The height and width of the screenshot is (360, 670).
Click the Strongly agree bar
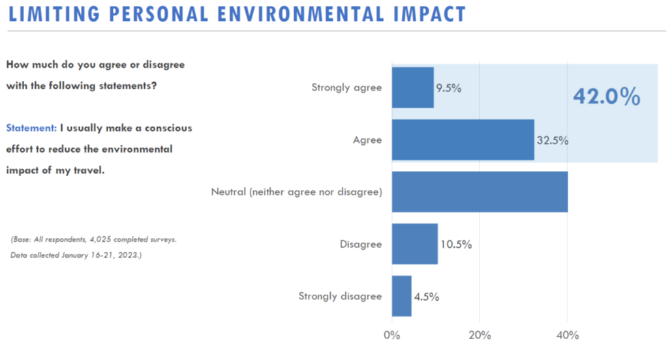tap(412, 87)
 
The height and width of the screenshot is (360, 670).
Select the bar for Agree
tap(463, 140)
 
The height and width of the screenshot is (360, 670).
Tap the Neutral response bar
tap(480, 192)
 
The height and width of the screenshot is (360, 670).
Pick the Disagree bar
tap(414, 244)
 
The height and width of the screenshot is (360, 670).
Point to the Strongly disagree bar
tap(401, 296)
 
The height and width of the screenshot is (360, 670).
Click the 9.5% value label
tap(449, 88)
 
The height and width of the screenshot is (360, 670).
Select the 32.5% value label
tap(552, 140)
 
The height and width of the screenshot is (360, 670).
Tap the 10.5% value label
tap(455, 245)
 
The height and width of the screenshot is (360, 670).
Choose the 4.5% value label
tap(426, 297)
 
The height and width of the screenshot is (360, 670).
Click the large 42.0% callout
tap(607, 97)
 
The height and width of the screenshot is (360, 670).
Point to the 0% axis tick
tap(391, 335)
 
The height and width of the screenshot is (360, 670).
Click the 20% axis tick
tap(480, 335)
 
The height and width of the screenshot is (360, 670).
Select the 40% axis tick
tap(567, 335)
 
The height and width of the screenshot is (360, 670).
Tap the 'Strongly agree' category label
tap(346, 88)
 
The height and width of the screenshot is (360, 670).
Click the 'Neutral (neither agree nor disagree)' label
tap(296, 192)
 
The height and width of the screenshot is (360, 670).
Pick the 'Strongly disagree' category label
tap(340, 296)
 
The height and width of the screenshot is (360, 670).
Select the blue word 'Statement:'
tap(32, 128)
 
